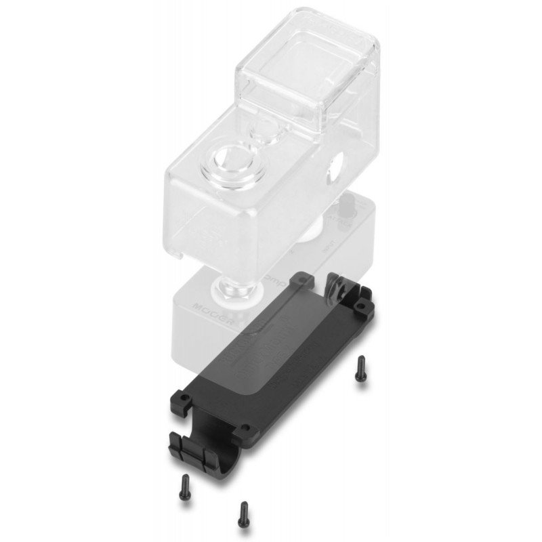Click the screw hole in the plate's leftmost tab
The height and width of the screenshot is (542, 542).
pyautogui.click(x=183, y=395)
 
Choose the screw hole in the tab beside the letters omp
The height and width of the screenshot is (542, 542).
pyautogui.click(x=303, y=278)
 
